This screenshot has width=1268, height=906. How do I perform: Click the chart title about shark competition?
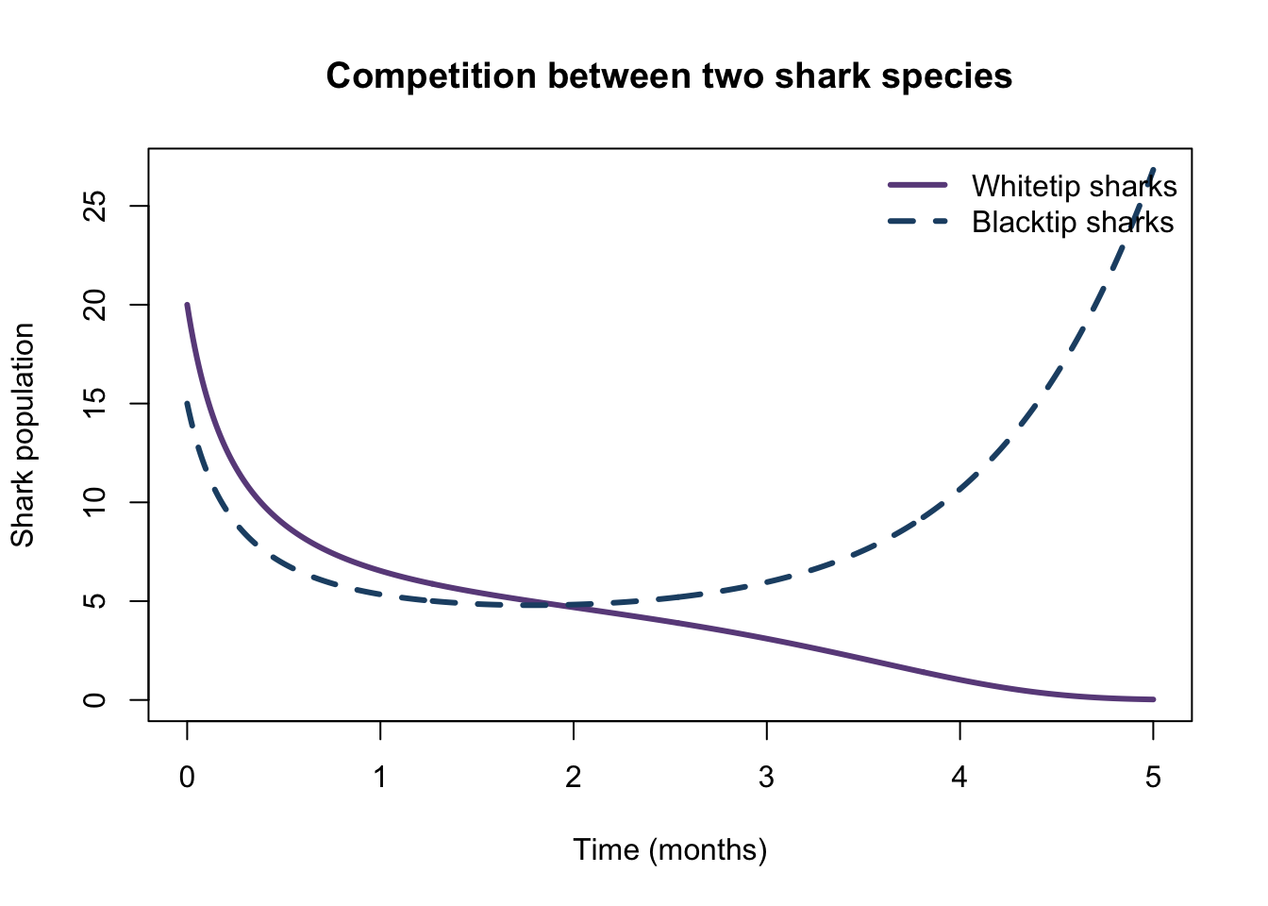(x=669, y=75)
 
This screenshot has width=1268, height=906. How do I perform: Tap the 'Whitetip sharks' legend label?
(x=1074, y=186)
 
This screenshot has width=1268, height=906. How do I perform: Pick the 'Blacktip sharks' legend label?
(x=1072, y=222)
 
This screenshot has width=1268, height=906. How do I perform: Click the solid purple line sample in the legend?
(x=918, y=185)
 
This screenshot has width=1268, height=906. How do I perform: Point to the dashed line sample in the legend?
(x=918, y=222)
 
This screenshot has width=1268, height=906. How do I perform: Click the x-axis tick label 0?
(x=187, y=778)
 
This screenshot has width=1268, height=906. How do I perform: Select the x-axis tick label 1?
(x=380, y=778)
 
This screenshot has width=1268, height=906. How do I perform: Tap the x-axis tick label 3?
(x=766, y=778)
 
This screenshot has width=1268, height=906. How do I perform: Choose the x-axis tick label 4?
(x=959, y=778)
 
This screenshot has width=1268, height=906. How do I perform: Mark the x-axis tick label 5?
(x=1153, y=778)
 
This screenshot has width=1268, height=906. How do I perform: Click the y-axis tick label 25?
(x=94, y=206)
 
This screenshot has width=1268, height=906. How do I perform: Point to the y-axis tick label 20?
(x=94, y=305)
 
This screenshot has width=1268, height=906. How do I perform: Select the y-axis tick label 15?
(x=94, y=403)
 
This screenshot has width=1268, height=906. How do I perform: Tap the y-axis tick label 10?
(x=94, y=502)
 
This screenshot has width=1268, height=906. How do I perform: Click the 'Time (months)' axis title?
(x=670, y=850)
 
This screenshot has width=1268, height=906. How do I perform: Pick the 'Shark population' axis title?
(x=23, y=435)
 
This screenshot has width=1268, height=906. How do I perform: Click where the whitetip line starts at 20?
(x=187, y=305)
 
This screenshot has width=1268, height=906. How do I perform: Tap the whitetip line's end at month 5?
(x=1153, y=699)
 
